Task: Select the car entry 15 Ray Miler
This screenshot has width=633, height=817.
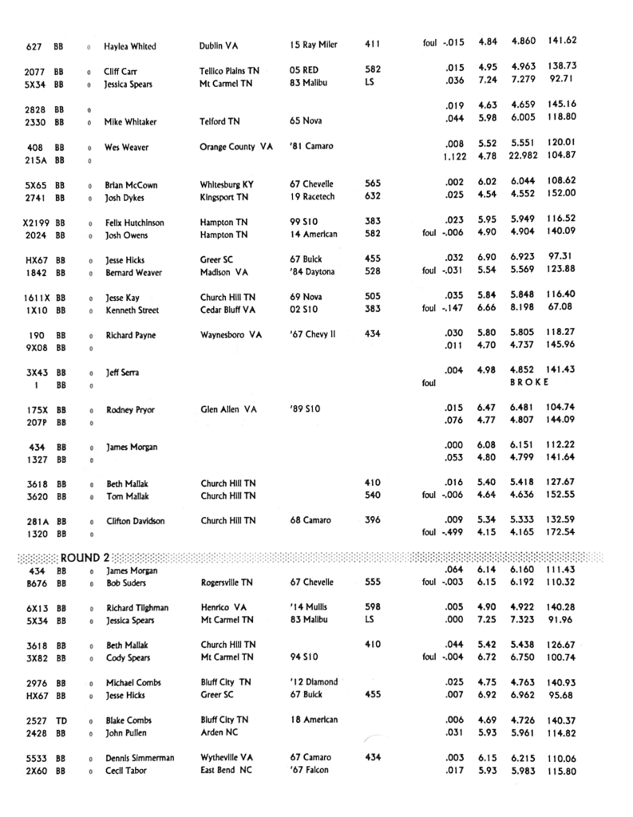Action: [x=314, y=45]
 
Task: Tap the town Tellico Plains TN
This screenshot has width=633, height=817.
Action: [x=229, y=70]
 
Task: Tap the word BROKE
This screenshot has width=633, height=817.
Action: [x=529, y=382]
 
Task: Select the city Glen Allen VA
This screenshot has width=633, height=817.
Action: [x=228, y=409]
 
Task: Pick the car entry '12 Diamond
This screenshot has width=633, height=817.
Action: [x=314, y=682]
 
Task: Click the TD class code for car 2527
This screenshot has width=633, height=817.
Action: [x=61, y=720]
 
